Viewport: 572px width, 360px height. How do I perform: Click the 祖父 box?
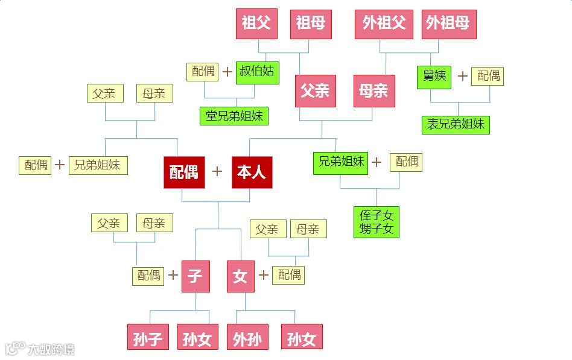click(x=256, y=24)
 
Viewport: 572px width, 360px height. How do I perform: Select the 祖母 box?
click(x=311, y=24)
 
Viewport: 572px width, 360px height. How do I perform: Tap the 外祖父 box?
click(x=384, y=24)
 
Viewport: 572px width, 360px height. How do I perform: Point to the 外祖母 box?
click(x=448, y=24)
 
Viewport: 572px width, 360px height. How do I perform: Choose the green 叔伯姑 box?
click(x=257, y=72)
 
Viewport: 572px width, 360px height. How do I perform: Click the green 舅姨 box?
click(x=434, y=77)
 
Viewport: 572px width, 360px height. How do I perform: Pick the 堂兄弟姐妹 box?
click(x=234, y=116)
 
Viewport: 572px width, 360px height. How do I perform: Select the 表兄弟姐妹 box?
click(x=456, y=125)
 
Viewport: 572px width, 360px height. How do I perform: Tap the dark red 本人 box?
click(x=252, y=172)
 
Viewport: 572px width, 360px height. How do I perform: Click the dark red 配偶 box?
click(x=184, y=172)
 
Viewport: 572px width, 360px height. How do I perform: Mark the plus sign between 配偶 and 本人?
click(x=217, y=172)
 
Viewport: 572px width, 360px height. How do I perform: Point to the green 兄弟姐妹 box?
click(x=340, y=162)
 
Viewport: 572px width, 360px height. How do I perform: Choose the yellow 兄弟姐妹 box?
click(x=98, y=165)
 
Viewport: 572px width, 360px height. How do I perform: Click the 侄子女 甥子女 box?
click(x=377, y=222)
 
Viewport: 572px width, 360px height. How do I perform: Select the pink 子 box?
click(x=195, y=276)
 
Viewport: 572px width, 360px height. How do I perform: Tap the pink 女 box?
click(x=240, y=276)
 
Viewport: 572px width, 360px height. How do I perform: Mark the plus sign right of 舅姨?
click(x=462, y=76)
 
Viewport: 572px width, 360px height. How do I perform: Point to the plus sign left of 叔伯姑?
click(x=227, y=72)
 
